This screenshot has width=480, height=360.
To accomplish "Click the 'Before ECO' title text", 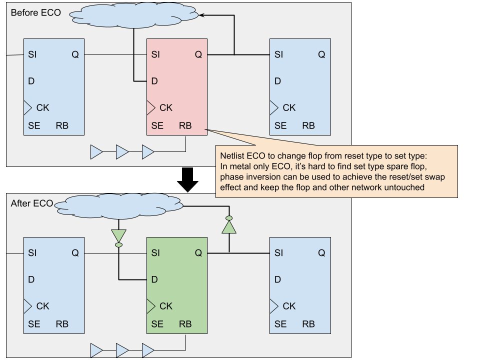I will [35, 12].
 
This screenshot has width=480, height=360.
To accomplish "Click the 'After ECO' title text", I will [32, 203].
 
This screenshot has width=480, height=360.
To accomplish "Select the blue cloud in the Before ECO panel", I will [134, 15].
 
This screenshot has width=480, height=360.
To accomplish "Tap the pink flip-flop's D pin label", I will [154, 81].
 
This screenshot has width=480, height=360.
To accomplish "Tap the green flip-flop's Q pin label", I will [198, 253].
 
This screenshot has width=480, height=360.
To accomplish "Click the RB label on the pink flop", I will [185, 126].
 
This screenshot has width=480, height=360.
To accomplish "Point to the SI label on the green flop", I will [155, 253].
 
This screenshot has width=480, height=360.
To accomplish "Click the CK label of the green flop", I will [166, 306].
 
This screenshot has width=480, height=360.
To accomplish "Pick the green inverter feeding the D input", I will [118, 236].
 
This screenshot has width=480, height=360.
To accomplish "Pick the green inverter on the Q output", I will [229, 226].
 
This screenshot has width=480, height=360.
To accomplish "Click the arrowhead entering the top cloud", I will [201, 15].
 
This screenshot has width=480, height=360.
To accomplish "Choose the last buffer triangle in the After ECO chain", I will [148, 350].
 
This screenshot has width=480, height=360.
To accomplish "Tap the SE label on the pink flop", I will [157, 126].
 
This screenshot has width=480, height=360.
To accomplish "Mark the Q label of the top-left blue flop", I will [75, 54].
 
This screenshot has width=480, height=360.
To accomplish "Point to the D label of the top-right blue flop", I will [277, 81].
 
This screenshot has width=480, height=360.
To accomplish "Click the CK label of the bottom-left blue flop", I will [43, 306].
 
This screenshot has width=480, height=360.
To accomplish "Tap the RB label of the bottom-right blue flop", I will [308, 324].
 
